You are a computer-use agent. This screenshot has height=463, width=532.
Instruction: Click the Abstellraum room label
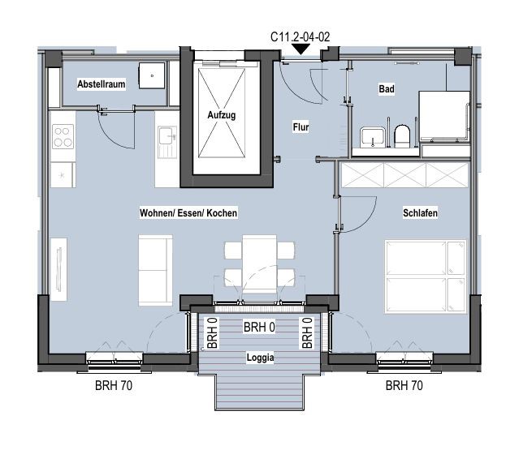[x=101, y=84]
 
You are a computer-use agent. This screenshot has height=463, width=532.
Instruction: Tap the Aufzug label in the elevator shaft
[x=222, y=115]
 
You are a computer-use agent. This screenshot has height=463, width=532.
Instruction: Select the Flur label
[x=301, y=127]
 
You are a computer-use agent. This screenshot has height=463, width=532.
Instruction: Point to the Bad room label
[x=387, y=89]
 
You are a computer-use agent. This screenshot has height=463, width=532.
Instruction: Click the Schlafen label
[x=420, y=213]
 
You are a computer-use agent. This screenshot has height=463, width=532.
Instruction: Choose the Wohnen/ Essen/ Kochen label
[x=188, y=213]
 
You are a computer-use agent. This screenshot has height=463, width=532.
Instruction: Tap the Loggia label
[x=260, y=358]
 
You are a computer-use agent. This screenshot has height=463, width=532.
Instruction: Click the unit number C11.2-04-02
[x=300, y=36]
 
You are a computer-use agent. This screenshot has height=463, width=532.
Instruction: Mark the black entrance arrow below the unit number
[x=301, y=49]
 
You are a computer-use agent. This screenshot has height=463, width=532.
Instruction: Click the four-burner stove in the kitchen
[x=63, y=137]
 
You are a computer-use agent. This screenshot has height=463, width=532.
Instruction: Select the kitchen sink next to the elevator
[x=167, y=142]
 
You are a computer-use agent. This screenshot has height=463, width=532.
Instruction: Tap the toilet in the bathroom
[x=402, y=135]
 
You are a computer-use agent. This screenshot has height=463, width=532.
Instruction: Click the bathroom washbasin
[x=373, y=137]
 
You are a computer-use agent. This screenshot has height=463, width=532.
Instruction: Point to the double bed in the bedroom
[x=426, y=277]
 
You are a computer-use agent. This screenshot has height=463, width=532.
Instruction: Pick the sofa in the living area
[x=155, y=270]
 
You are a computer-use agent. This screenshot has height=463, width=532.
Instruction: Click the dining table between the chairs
[x=260, y=264]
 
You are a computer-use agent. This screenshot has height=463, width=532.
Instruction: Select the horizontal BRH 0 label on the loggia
[x=259, y=328]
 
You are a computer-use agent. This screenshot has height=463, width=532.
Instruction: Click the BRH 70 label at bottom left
[x=114, y=385]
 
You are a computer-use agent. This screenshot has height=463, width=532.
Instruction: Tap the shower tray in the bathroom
[x=444, y=116]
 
